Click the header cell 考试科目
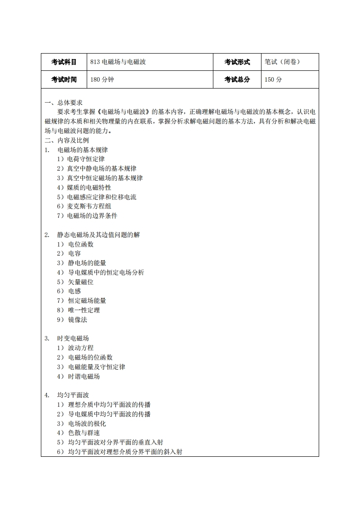click(x=64, y=62)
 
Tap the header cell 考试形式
click(x=237, y=62)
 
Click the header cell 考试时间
click(x=64, y=79)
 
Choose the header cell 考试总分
click(x=237, y=79)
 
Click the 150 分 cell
click(x=273, y=79)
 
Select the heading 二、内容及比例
click(x=67, y=140)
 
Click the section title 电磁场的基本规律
click(x=82, y=150)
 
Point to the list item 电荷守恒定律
click(x=85, y=159)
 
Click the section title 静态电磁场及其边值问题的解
click(x=98, y=235)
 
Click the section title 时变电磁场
click(x=73, y=338)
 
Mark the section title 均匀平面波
click(x=73, y=395)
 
